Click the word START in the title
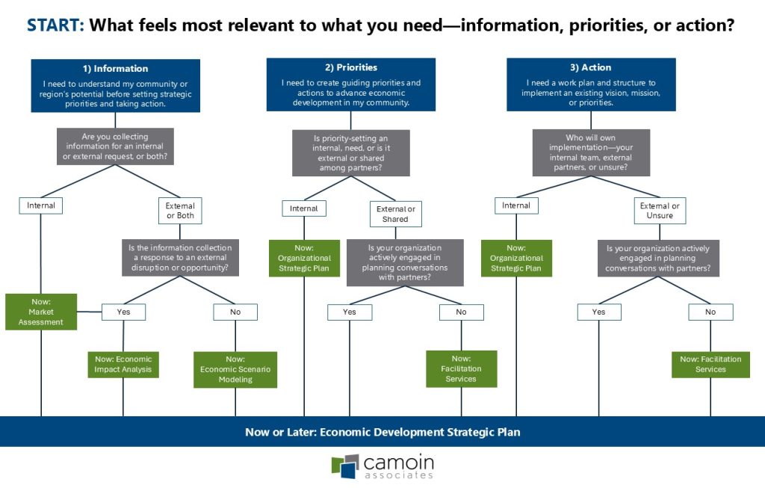[x=55, y=25]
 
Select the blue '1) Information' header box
[x=115, y=85]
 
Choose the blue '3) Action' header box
[x=591, y=84]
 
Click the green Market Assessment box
[x=41, y=312]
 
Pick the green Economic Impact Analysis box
[x=123, y=364]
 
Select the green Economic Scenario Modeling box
[x=235, y=369]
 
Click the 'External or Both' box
[x=180, y=210]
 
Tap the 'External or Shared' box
[x=395, y=214]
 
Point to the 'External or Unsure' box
[x=660, y=211]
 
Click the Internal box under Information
[x=41, y=205]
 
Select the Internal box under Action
[x=516, y=206]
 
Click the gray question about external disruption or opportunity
[x=180, y=257]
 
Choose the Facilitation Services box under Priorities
[x=461, y=368]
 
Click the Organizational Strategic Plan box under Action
[x=516, y=258]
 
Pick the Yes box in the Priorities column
[x=350, y=312]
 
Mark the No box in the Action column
[x=710, y=312]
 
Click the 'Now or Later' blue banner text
[x=382, y=432]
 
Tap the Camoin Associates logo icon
[x=345, y=466]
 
